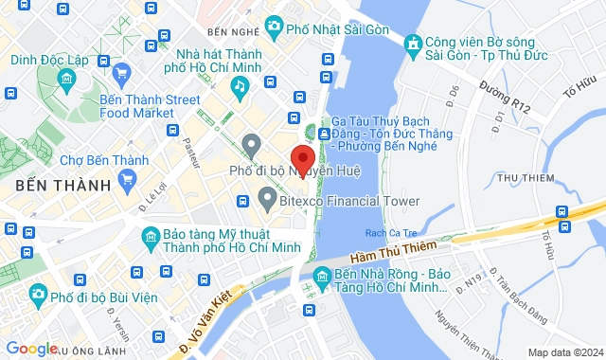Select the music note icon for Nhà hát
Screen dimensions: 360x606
(x=240, y=86)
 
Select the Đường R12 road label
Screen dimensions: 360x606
(x=505, y=98)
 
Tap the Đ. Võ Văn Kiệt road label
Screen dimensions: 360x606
(x=210, y=321)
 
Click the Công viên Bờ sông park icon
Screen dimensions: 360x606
(x=413, y=44)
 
